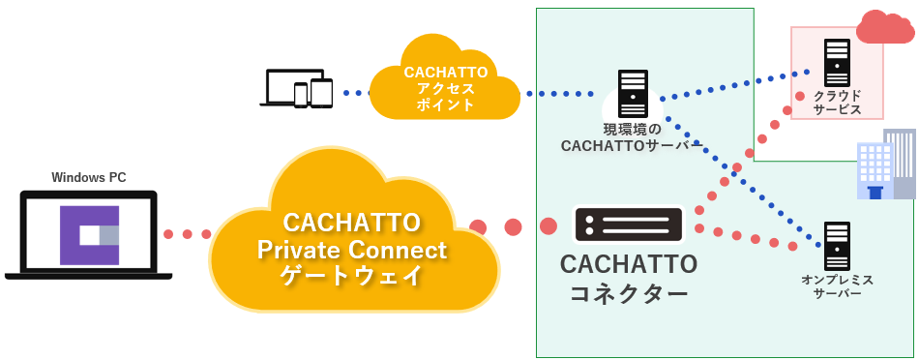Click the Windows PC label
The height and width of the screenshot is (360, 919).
point(88,177)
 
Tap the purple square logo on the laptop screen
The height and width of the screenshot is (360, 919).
point(89,235)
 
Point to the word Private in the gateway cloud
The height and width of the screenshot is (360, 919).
point(299,251)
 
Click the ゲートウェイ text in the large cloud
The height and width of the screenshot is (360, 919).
point(352,275)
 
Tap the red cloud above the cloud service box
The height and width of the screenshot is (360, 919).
point(885,27)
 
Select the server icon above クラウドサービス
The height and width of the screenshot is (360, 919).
point(837,62)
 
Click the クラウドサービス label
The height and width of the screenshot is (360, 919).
point(837,102)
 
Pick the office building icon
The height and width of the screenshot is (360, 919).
point(886,165)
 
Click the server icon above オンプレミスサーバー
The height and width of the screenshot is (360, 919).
point(837,245)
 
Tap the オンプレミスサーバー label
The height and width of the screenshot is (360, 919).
point(837,286)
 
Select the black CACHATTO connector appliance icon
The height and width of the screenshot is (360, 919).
point(629,225)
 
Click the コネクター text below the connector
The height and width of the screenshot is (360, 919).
point(629,292)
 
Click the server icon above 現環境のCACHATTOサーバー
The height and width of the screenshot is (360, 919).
point(633,94)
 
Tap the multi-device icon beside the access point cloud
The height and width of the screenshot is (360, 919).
point(297,88)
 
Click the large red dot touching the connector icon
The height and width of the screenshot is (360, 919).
point(548,226)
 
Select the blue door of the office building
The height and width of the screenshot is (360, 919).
point(875,192)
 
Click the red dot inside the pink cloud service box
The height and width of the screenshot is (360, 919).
point(800,96)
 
